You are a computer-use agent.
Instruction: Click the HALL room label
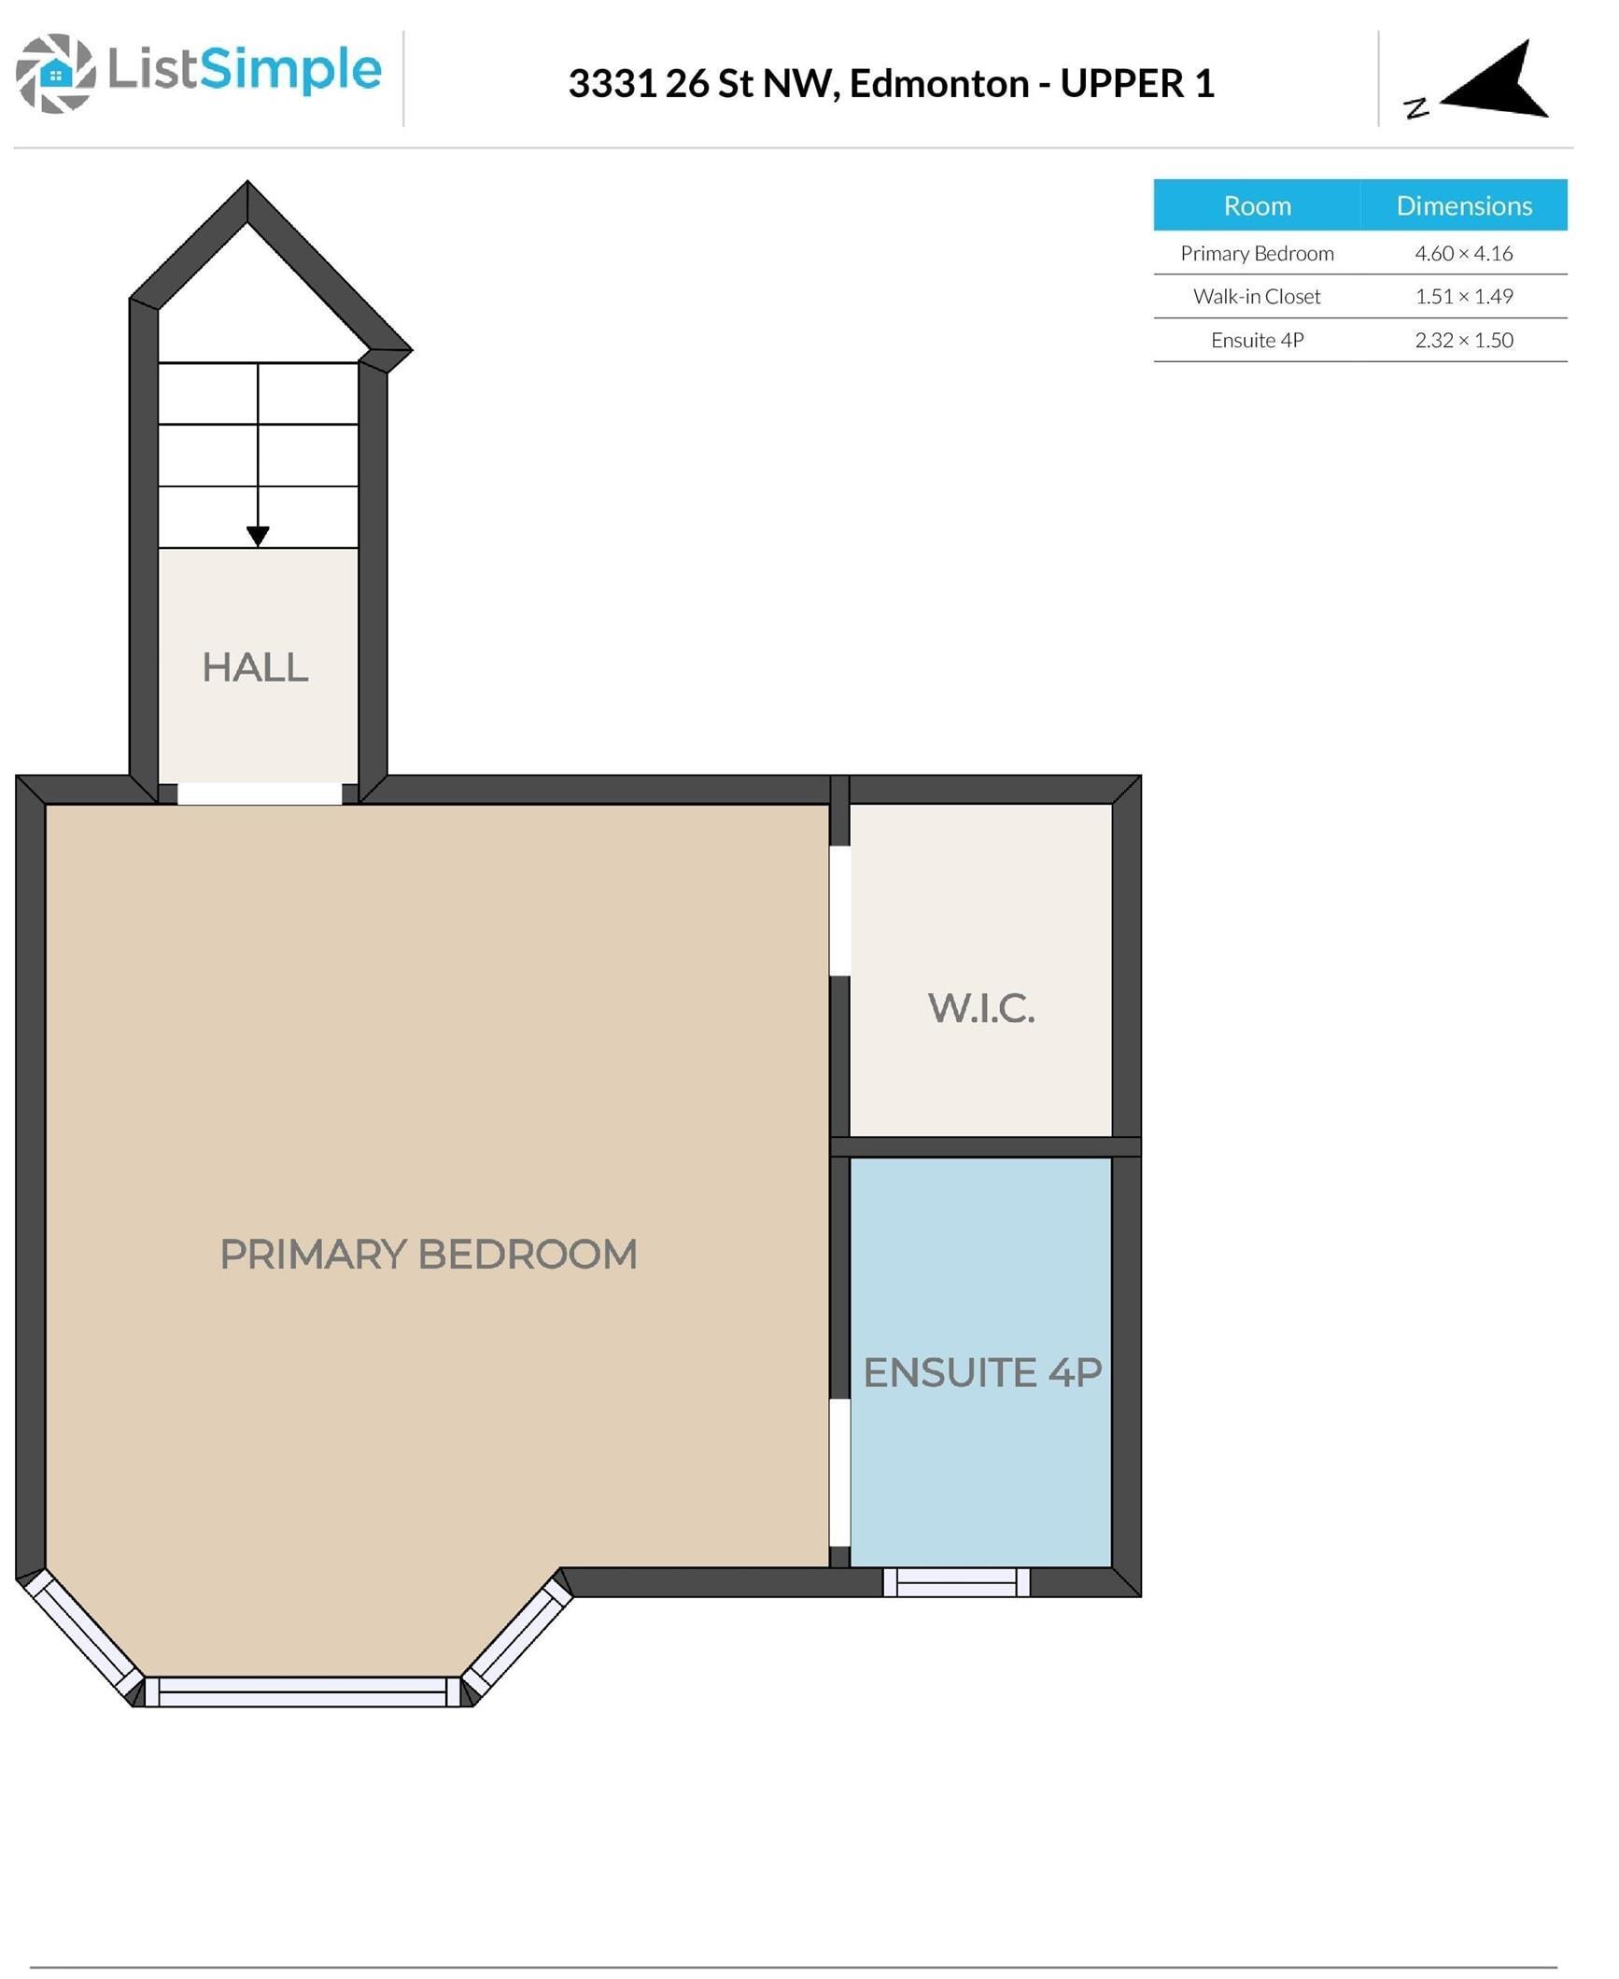pyautogui.click(x=255, y=668)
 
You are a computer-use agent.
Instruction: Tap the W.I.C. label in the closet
pyautogui.click(x=981, y=1009)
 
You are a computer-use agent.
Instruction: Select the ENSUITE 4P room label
pyautogui.click(x=982, y=1373)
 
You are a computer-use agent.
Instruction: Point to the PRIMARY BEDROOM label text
pyautogui.click(x=429, y=1255)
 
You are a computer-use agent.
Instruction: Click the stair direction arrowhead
pyautogui.click(x=258, y=536)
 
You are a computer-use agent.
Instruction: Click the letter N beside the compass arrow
pyautogui.click(x=1416, y=108)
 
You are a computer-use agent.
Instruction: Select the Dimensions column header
pyautogui.click(x=1463, y=206)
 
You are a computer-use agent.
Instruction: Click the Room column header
pyautogui.click(x=1257, y=206)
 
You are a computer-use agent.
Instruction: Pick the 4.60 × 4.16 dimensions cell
pyautogui.click(x=1463, y=254)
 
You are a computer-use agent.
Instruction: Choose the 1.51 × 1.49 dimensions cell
pyautogui.click(x=1463, y=297)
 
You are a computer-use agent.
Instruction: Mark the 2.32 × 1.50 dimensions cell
pyautogui.click(x=1463, y=341)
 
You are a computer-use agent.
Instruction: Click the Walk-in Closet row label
pyautogui.click(x=1257, y=297)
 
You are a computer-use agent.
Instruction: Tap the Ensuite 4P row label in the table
pyautogui.click(x=1257, y=341)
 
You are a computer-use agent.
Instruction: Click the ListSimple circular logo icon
pyautogui.click(x=56, y=74)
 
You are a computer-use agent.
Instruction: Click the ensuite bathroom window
pyautogui.click(x=956, y=1582)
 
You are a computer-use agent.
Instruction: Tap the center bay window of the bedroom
pyautogui.click(x=303, y=1691)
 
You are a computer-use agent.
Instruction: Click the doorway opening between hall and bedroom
pyautogui.click(x=260, y=793)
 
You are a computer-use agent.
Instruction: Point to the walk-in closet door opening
pyautogui.click(x=839, y=911)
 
